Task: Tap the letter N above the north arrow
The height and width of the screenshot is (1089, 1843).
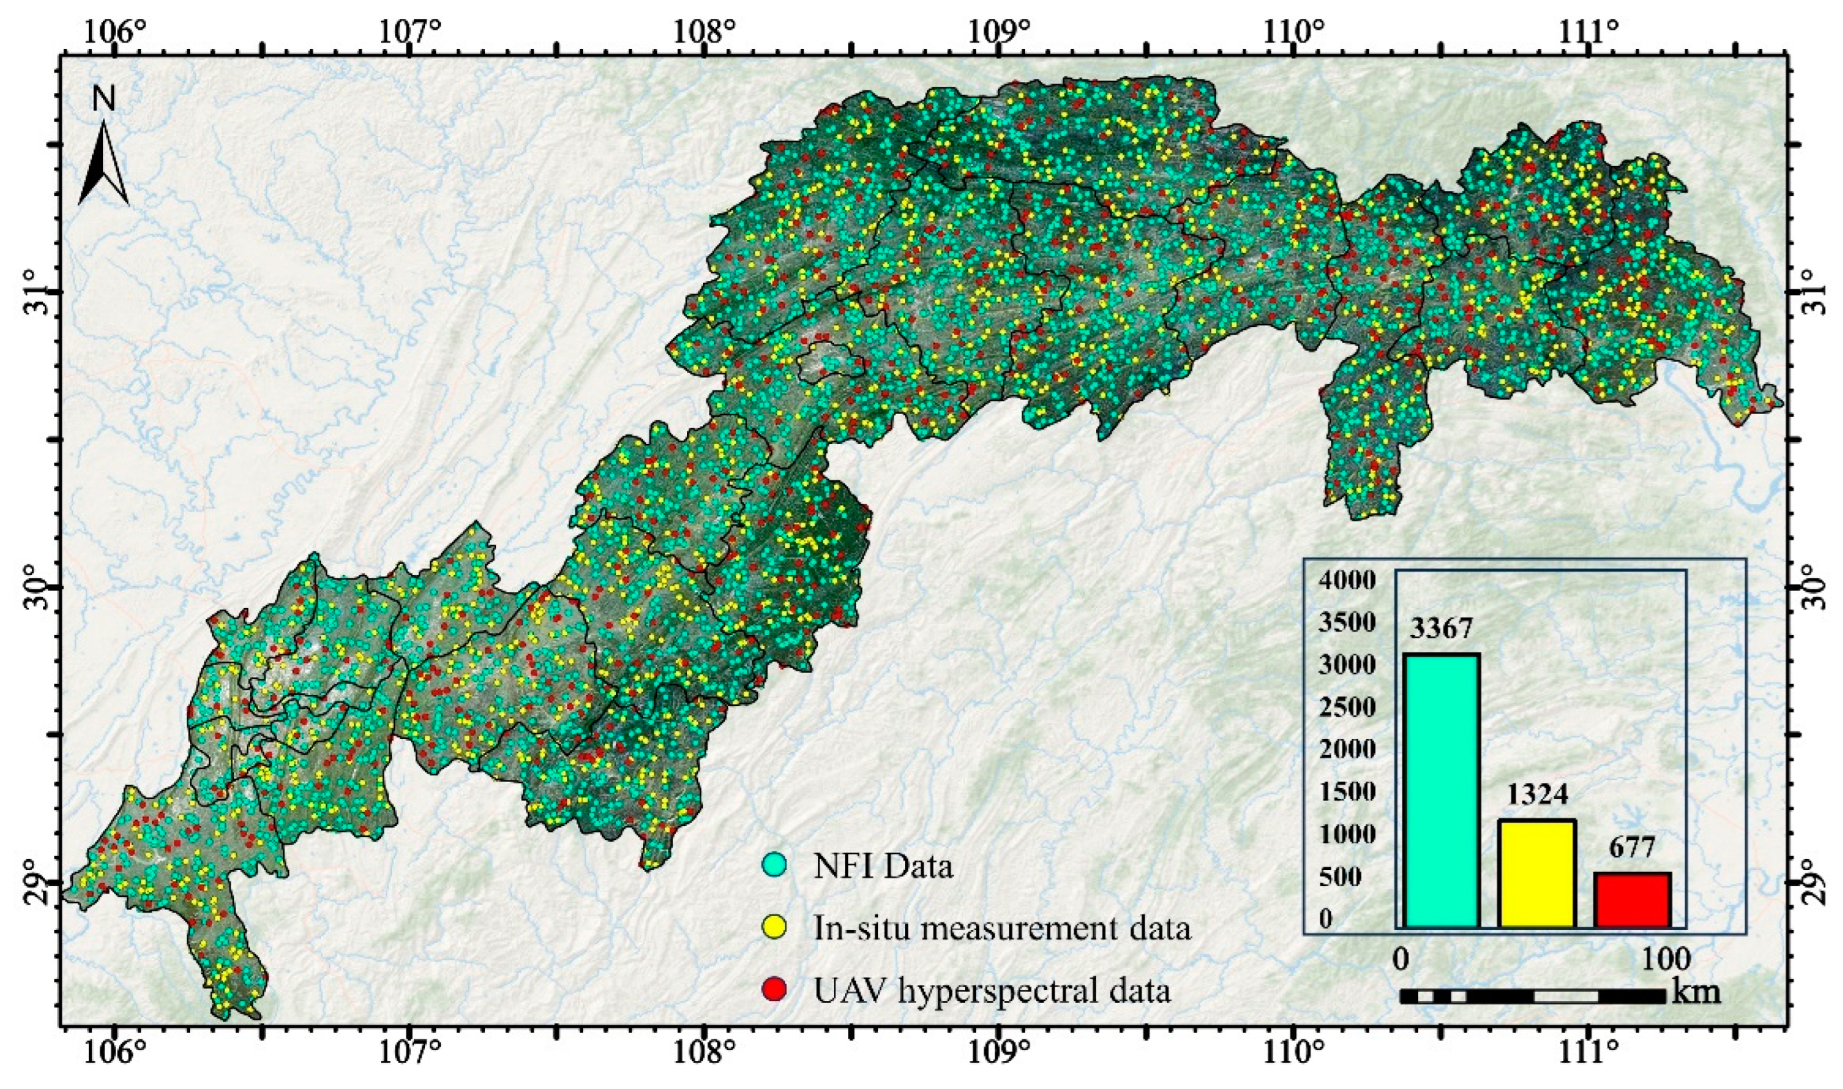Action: [x=104, y=98]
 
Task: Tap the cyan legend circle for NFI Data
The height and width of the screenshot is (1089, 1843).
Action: [x=774, y=866]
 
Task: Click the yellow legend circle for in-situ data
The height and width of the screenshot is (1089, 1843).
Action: [x=774, y=929]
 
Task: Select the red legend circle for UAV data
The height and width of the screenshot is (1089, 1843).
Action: [x=774, y=991]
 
